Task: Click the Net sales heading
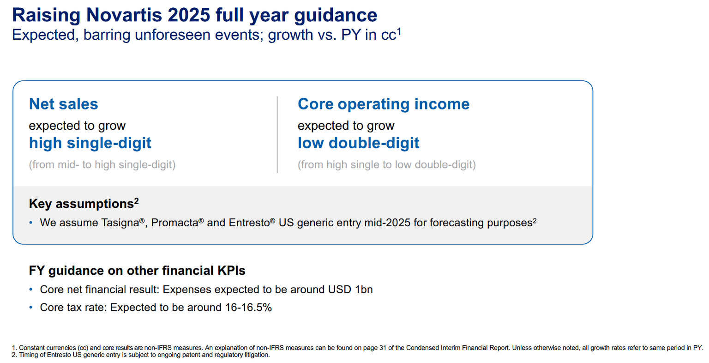pos(63,104)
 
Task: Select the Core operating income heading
pos(383,104)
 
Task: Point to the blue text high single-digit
pos(90,143)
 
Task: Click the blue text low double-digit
pos(358,143)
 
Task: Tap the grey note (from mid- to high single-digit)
pos(102,165)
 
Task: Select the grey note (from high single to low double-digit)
pos(386,165)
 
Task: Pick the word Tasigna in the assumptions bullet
pos(119,223)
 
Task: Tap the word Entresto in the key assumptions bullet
pos(249,223)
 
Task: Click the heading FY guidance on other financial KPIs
pos(137,271)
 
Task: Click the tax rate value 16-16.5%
pos(248,308)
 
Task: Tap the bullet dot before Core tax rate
pos(31,308)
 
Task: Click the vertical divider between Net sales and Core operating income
pos(277,134)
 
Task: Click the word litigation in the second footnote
pos(256,355)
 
